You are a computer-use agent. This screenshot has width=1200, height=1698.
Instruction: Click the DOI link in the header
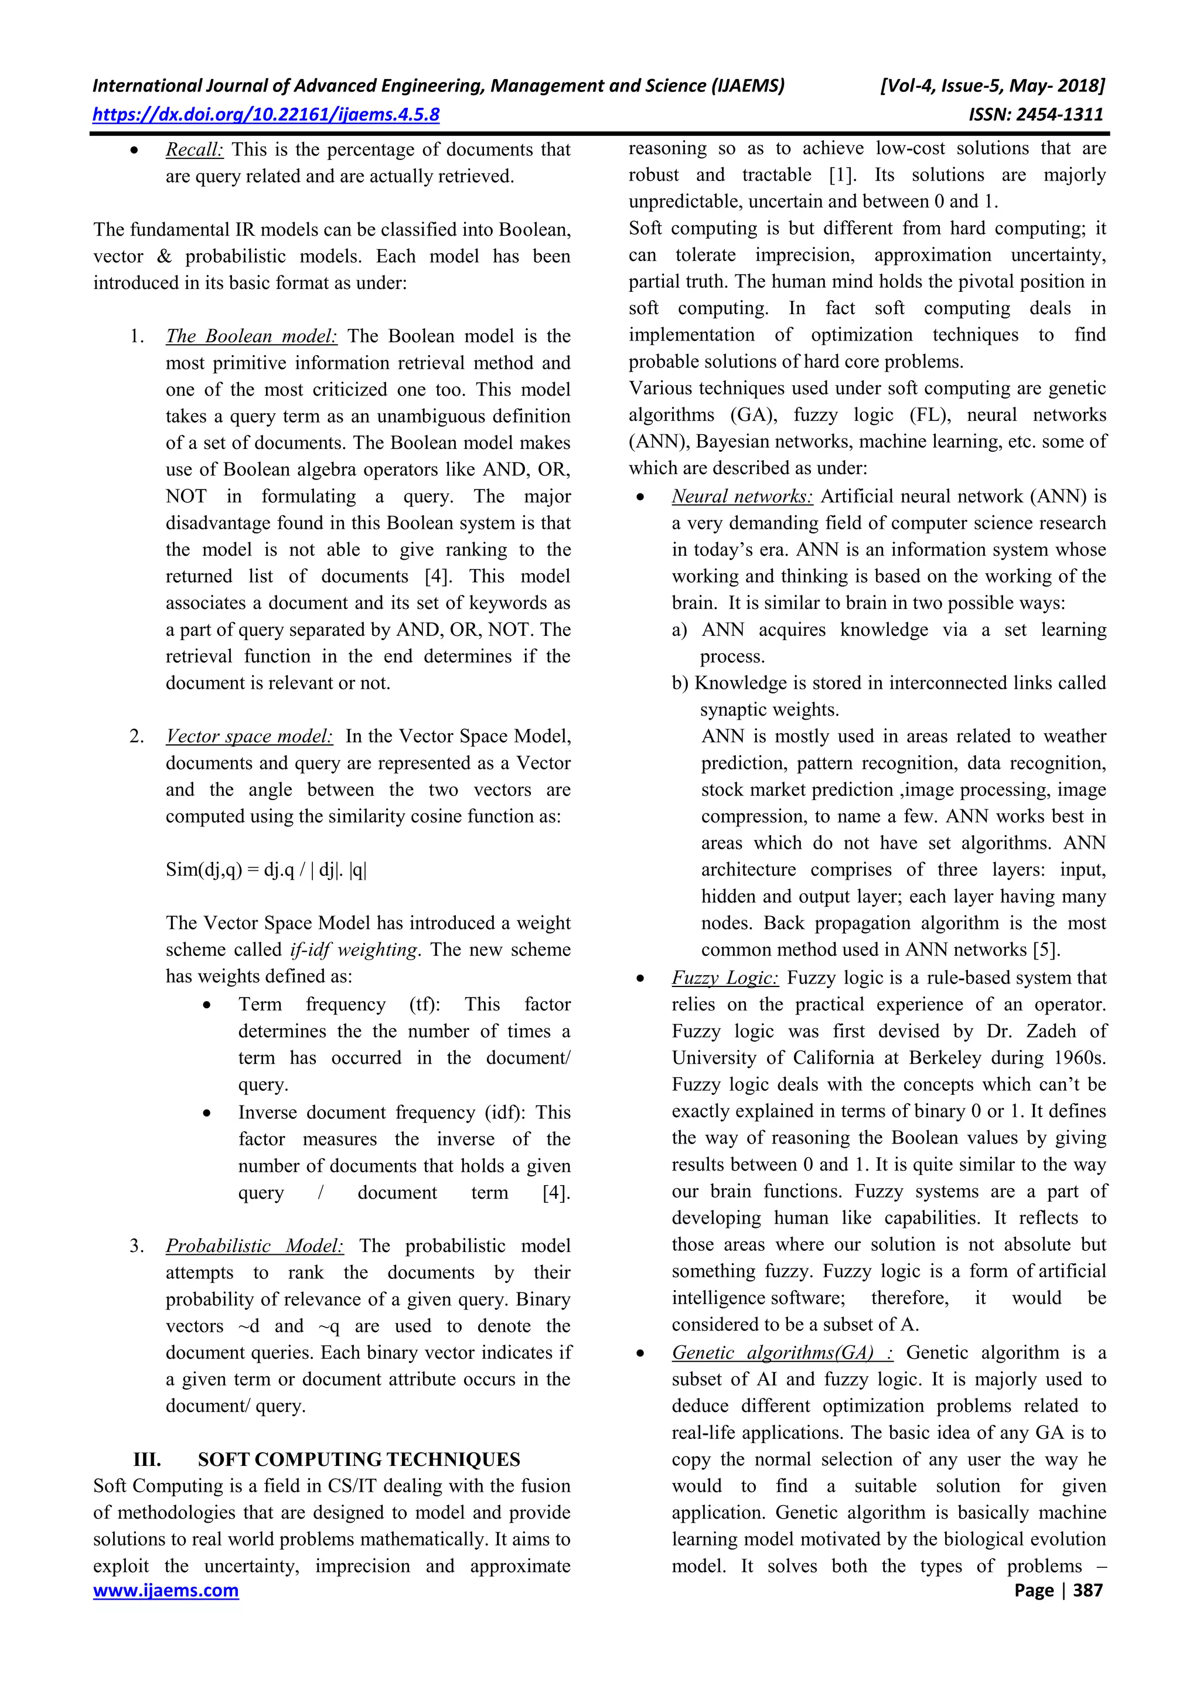[x=265, y=115]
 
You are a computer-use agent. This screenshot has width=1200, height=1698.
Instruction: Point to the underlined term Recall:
[x=194, y=149]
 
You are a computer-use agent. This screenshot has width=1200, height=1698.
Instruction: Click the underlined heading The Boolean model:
[x=251, y=336]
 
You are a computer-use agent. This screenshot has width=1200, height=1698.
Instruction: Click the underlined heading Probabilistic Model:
[x=254, y=1246]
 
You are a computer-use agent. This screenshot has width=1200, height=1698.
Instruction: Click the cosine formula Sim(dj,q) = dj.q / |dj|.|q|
[x=266, y=870]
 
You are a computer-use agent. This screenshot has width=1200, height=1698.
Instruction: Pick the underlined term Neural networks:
[x=742, y=496]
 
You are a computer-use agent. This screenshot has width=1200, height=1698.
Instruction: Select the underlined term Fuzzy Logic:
[x=725, y=978]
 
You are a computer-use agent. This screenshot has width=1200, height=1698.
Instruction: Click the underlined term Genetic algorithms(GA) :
[x=782, y=1353]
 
